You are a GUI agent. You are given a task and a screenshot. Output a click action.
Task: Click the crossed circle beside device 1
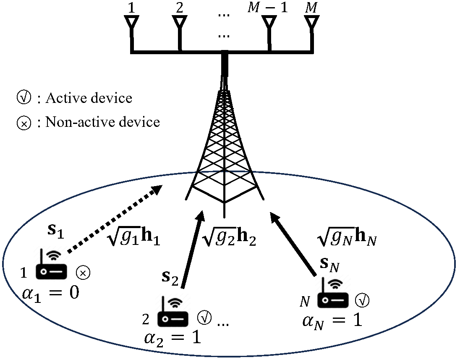pyautogui.click(x=83, y=273)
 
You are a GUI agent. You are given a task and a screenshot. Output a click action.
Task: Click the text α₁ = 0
pyautogui.click(x=50, y=292)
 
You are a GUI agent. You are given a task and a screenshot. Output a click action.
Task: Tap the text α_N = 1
pyautogui.click(x=332, y=320)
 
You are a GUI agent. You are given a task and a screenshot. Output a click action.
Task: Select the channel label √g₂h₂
pyautogui.click(x=229, y=239)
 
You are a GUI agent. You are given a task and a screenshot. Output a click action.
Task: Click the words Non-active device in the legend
pyautogui.click(x=102, y=122)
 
